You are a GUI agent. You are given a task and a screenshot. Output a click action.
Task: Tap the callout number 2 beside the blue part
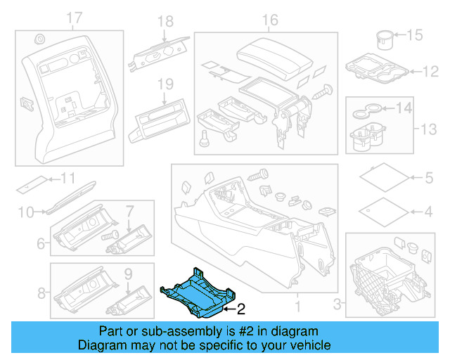[x=240, y=308]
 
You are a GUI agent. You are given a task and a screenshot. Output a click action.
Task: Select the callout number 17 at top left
[x=74, y=17]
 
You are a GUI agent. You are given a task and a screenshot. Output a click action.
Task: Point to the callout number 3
[x=337, y=304]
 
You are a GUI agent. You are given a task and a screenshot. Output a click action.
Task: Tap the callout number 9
[x=127, y=272]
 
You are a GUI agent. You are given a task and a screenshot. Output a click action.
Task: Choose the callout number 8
[x=41, y=292]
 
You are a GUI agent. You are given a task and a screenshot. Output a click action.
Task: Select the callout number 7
[x=129, y=210]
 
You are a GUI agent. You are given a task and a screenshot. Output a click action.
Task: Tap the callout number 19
[x=164, y=84]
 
